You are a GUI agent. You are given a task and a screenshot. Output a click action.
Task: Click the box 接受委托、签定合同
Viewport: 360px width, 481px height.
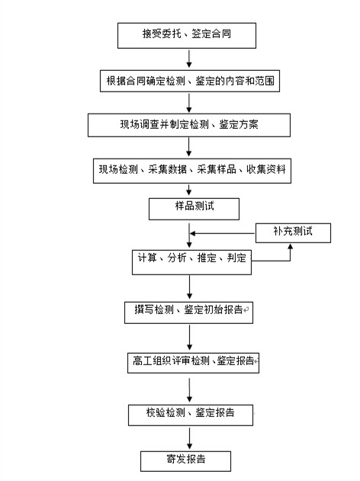(x=187, y=36)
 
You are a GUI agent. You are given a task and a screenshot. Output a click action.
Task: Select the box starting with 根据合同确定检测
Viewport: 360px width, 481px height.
(x=190, y=81)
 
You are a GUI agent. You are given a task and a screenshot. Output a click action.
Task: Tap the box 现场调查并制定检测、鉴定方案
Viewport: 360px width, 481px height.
(x=189, y=125)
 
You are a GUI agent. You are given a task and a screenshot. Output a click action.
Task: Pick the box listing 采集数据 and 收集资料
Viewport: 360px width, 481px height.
(x=192, y=171)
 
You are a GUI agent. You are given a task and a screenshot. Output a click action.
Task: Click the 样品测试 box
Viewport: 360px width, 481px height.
(x=194, y=209)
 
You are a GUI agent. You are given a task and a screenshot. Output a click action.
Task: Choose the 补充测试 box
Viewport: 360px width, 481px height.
(x=293, y=233)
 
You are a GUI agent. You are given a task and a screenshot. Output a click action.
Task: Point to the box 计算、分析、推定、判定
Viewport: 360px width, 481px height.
(x=191, y=262)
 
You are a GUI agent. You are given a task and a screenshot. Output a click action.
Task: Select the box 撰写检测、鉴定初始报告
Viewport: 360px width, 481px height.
(x=188, y=313)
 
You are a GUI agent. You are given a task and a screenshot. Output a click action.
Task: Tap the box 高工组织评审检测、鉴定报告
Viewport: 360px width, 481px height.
(x=194, y=363)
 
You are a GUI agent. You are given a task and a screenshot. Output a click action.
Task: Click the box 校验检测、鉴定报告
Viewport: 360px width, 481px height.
(x=191, y=415)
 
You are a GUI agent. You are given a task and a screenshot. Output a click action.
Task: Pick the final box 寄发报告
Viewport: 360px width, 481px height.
(x=185, y=461)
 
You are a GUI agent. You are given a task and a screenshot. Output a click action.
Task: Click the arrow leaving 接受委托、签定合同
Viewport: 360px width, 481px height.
(x=189, y=59)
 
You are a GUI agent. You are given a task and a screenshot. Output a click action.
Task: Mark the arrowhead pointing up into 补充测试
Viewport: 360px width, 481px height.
(x=290, y=245)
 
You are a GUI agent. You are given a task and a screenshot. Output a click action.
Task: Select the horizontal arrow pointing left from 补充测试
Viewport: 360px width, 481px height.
(x=223, y=233)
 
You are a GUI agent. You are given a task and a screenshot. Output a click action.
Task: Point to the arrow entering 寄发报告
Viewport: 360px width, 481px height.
(x=190, y=438)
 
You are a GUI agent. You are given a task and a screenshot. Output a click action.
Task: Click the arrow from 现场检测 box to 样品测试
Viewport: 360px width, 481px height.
(x=189, y=191)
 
